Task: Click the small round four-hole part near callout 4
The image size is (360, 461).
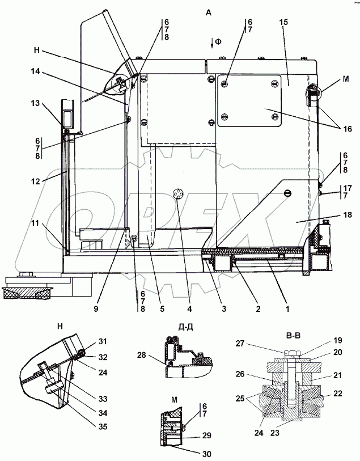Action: coord(179,194)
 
